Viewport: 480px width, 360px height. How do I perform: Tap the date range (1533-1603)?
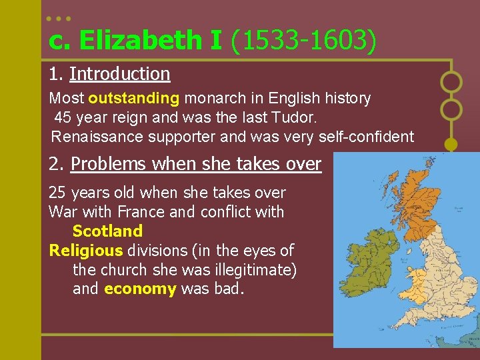click(x=303, y=41)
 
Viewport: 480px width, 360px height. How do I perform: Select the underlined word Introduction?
click(x=119, y=73)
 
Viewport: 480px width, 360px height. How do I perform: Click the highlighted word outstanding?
click(x=133, y=99)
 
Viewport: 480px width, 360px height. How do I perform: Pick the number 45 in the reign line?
click(x=63, y=118)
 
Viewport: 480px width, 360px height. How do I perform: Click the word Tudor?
click(x=299, y=118)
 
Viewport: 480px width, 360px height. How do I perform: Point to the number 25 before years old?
click(x=57, y=193)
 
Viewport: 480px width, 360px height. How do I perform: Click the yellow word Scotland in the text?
click(x=107, y=231)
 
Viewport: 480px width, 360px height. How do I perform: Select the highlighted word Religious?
click(x=86, y=251)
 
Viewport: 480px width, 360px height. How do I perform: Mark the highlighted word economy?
click(x=140, y=289)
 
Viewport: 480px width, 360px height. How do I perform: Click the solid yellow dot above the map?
click(x=451, y=143)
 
